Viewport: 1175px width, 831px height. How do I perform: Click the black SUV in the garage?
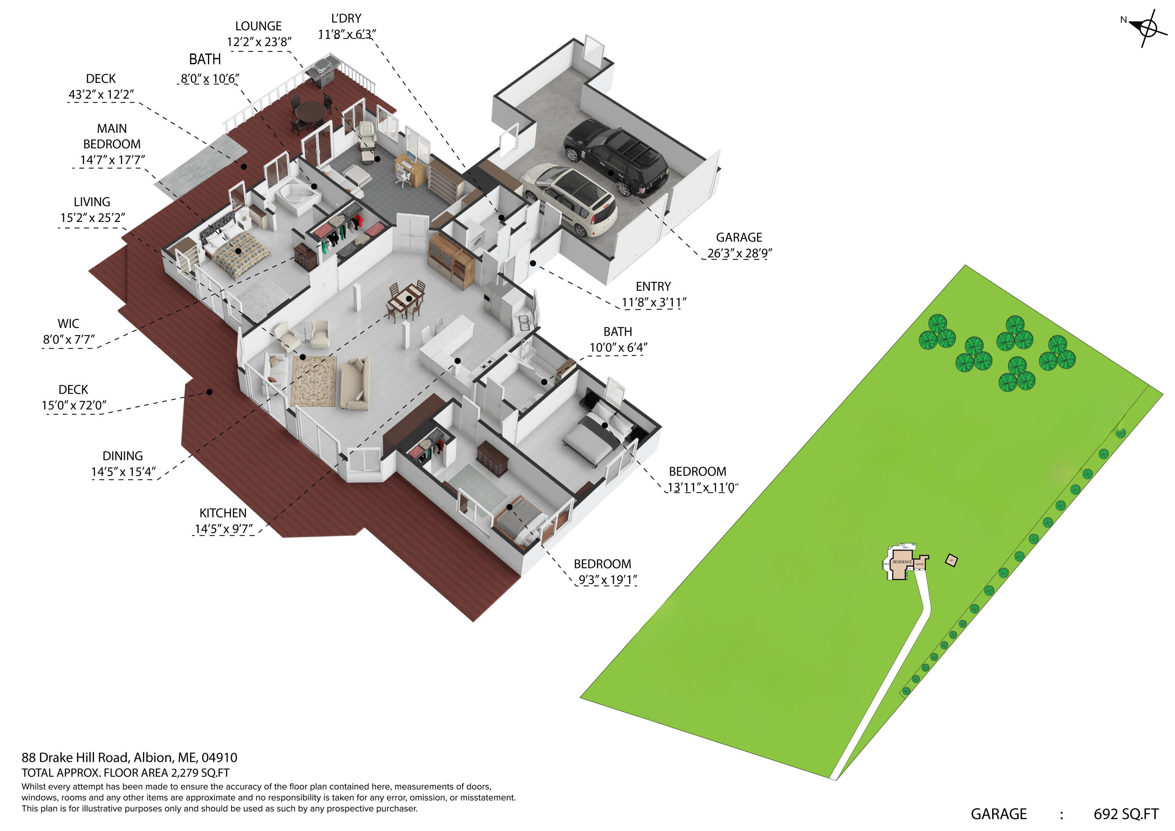tap(616, 158)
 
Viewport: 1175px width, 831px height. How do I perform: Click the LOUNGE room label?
tap(258, 26)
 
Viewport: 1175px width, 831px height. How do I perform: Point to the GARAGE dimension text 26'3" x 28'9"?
tap(739, 253)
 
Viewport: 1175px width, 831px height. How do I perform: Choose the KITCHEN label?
tap(222, 513)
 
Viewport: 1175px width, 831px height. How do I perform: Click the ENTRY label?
tap(653, 286)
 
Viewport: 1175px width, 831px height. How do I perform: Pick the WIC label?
tap(68, 324)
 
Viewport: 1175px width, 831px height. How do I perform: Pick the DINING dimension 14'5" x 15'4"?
tap(123, 472)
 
